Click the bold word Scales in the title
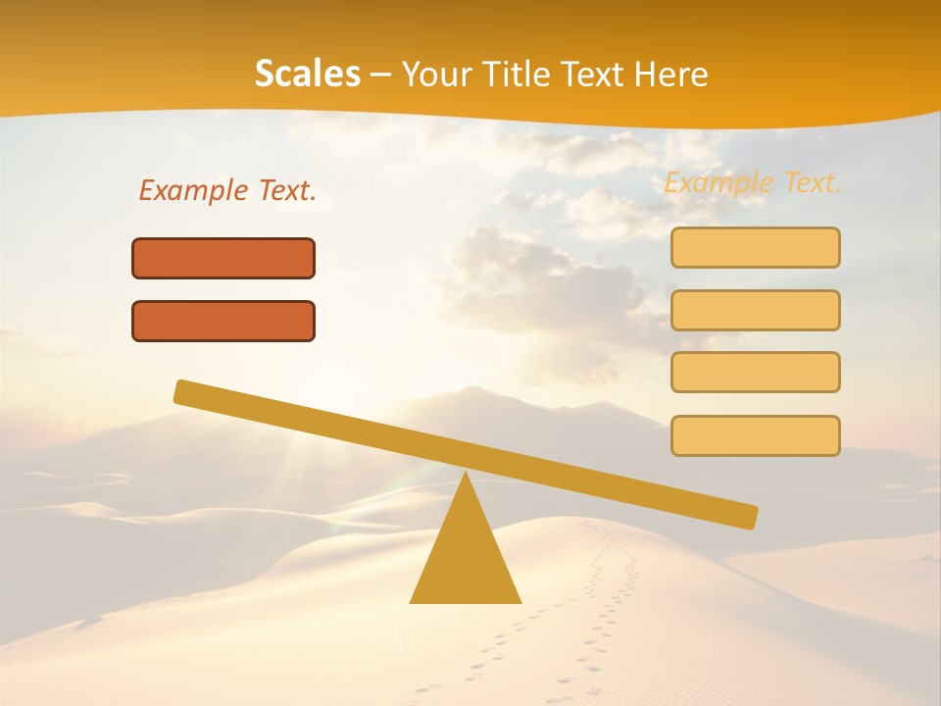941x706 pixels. tap(307, 74)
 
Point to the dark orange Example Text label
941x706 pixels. tap(227, 190)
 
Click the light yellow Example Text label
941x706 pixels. tap(753, 182)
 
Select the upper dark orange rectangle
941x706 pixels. tap(223, 258)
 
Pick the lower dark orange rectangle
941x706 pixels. tap(223, 321)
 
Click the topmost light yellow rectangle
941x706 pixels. tap(755, 247)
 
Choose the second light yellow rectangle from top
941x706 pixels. tap(755, 310)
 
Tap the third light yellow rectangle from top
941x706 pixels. tap(755, 372)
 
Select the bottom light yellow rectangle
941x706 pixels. tap(755, 435)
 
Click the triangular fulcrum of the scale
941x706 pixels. tap(466, 554)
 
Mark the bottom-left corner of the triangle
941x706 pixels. tap(412, 601)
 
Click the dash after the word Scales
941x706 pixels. tap(380, 75)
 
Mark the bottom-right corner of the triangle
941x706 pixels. tap(520, 601)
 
